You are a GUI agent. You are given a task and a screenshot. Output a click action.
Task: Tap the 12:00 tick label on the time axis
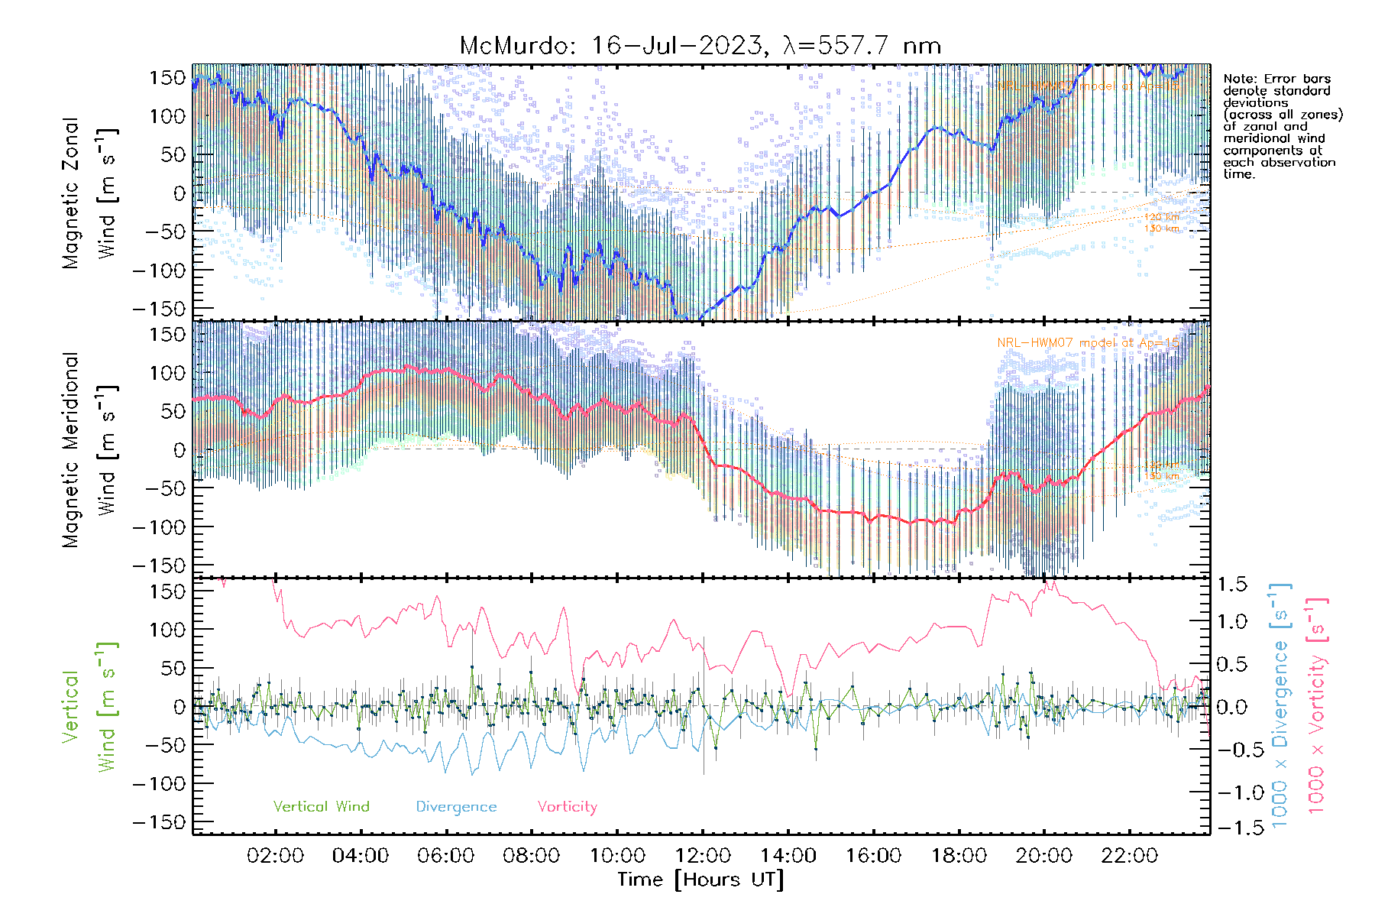coord(703,855)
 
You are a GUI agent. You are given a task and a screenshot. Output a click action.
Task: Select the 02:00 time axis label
coord(275,855)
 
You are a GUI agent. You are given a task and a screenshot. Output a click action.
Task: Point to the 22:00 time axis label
coord(1129,855)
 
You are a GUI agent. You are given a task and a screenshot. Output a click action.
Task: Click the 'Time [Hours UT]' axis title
coord(700,880)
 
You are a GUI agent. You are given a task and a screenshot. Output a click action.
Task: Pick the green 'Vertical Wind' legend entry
coord(321,806)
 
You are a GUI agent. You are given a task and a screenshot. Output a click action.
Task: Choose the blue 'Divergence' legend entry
coord(456,806)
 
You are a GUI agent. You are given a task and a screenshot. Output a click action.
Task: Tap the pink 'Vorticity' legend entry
coord(567,806)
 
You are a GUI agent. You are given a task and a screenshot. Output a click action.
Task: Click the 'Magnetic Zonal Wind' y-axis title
coord(89,193)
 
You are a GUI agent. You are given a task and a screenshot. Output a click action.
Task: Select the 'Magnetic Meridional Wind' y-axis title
coord(89,449)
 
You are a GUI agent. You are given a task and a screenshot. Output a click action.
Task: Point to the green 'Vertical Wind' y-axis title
coord(89,706)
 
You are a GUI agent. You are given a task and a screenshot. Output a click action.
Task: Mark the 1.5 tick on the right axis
coord(1231,585)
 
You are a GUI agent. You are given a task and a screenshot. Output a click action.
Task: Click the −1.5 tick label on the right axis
coord(1231,828)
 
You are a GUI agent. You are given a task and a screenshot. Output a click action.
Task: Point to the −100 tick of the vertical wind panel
coord(160,784)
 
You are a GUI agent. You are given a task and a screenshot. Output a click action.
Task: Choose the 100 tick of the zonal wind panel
coord(167,116)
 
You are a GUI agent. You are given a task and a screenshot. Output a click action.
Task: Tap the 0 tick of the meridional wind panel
coord(179,450)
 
